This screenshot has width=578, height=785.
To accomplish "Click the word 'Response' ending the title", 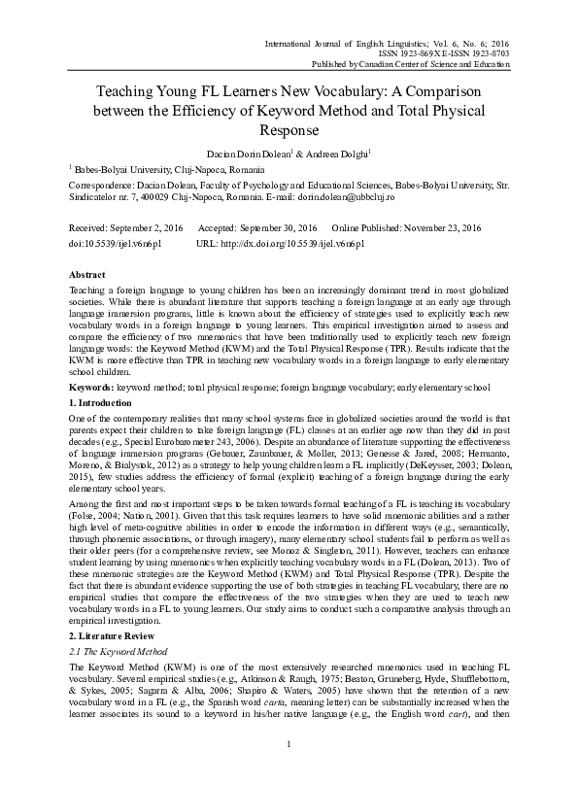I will [x=289, y=128].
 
